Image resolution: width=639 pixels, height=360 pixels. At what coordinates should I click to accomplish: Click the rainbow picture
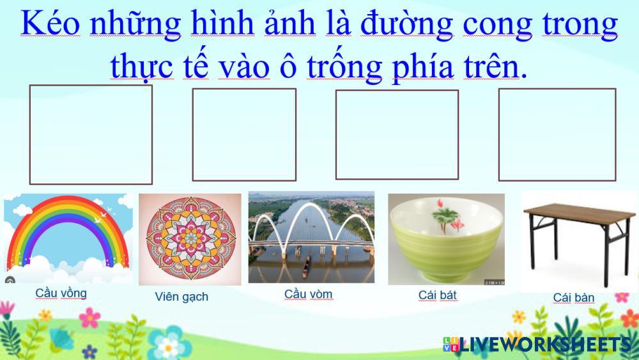tap(68, 238)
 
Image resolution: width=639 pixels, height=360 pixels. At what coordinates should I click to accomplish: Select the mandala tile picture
tap(190, 239)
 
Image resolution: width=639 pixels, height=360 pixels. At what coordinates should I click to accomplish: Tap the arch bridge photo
tap(311, 237)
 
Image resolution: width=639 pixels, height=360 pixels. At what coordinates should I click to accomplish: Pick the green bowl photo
tap(446, 239)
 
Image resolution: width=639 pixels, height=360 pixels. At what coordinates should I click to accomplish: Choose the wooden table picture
tap(579, 241)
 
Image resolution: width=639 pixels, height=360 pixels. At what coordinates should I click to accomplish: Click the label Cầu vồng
tap(61, 293)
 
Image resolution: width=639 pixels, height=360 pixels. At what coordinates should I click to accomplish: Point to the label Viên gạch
tap(181, 297)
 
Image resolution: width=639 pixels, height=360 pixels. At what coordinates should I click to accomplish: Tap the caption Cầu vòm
tap(308, 294)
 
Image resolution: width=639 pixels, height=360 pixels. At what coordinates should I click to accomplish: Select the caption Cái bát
tap(437, 295)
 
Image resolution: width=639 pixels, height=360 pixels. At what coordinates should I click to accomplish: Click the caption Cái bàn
tap(573, 297)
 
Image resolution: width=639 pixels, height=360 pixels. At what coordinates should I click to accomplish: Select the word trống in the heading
tap(344, 67)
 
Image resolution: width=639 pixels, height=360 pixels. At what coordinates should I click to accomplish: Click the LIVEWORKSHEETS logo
tap(537, 345)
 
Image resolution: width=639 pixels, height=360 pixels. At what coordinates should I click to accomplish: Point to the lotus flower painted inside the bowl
tap(446, 217)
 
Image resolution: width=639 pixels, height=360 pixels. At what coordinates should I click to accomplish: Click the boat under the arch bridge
tap(306, 267)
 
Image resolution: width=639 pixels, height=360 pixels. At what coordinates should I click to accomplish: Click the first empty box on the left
tap(91, 134)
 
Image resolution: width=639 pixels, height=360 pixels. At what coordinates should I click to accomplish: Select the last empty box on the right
tap(557, 134)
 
